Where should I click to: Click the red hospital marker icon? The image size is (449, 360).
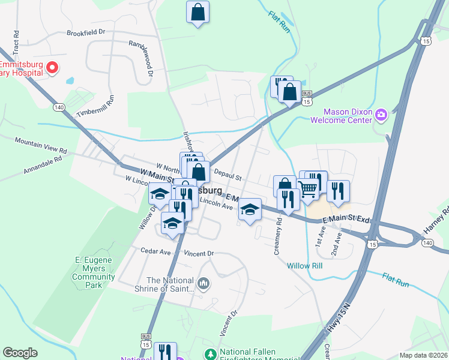tap(52, 67)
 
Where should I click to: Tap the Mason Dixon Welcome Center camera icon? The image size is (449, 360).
tap(381, 114)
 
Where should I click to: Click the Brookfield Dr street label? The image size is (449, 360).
tap(86, 32)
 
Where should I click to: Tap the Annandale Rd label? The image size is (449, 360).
tap(43, 165)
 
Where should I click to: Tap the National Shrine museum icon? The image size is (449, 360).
tap(203, 282)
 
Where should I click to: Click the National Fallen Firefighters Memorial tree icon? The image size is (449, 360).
tap(210, 353)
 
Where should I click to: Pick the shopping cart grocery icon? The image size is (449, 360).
tap(308, 188)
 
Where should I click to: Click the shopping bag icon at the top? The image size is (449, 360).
tap(197, 12)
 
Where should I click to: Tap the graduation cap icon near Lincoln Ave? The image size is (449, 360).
tap(250, 209)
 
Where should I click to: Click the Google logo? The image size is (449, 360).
tap(20, 353)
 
